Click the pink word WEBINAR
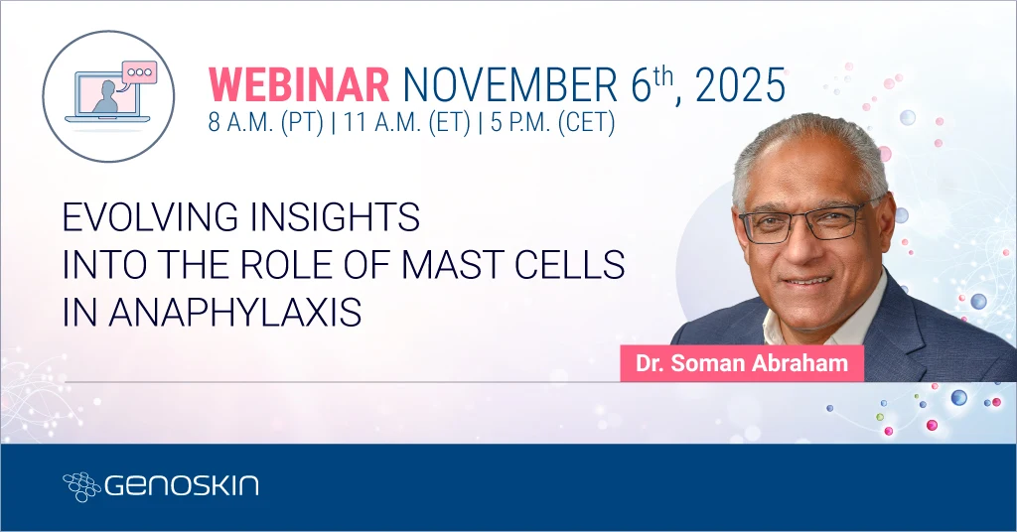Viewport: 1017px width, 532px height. pos(298,85)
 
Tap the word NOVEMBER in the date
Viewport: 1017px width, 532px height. pos(509,85)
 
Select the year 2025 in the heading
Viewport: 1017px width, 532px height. pos(740,85)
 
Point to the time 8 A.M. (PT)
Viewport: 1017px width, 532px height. pos(265,122)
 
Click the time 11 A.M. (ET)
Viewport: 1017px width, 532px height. pos(406,122)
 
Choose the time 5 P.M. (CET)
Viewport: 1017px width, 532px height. pos(552,122)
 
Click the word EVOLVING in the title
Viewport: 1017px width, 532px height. pos(151,217)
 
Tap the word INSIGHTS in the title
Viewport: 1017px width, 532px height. pos(336,217)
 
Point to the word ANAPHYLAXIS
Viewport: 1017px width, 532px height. pos(234,313)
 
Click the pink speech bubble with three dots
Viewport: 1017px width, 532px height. pos(139,71)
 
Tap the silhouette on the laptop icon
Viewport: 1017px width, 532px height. pos(107,98)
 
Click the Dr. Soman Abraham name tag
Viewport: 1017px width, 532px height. pos(742,363)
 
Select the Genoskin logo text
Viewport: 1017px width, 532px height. pos(182,485)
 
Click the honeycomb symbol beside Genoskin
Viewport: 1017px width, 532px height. pos(81,486)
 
